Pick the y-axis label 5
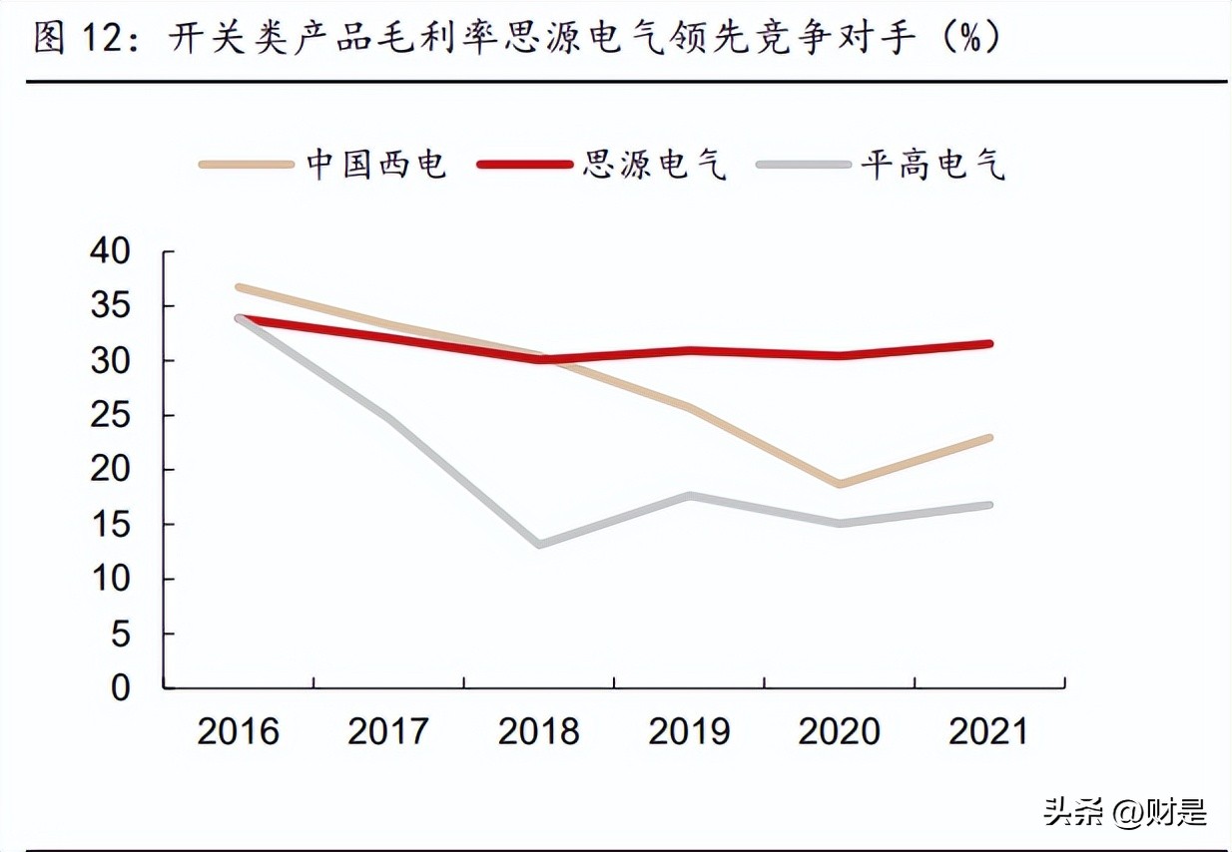click(x=120, y=634)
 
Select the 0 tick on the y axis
click(x=120, y=688)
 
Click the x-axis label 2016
click(x=239, y=731)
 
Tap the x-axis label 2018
click(x=539, y=731)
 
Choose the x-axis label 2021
click(x=988, y=731)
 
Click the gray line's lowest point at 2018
click(x=539, y=545)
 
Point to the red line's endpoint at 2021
click(x=988, y=344)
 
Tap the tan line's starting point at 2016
click(x=240, y=287)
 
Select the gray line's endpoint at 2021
click(x=988, y=505)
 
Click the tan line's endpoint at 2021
click(x=988, y=438)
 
